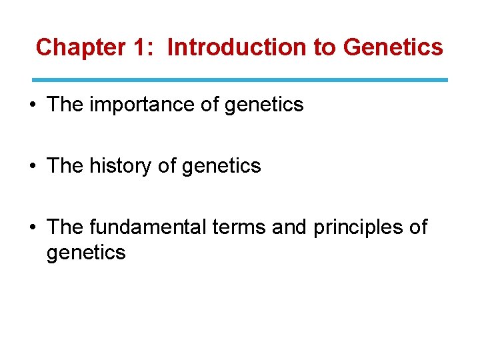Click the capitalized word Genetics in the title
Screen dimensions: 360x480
click(393, 47)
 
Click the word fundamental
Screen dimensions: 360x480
click(147, 227)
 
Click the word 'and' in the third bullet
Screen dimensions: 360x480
click(289, 227)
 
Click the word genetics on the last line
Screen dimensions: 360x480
click(86, 253)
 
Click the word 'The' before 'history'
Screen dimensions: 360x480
click(65, 166)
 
